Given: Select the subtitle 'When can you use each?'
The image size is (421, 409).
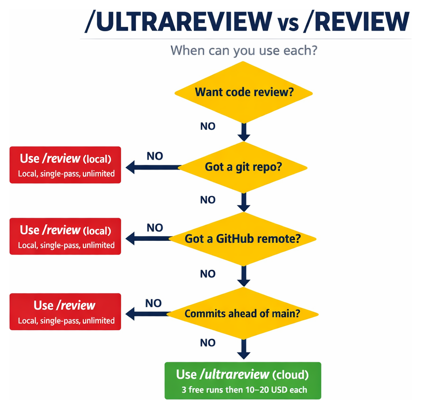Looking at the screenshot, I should point(243,50).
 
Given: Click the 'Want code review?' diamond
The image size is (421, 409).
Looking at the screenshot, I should point(244,92).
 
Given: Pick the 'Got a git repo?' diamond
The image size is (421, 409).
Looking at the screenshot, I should point(244,167).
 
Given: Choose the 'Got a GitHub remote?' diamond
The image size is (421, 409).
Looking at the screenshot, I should point(243,239).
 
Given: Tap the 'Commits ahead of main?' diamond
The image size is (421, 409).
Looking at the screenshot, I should point(242,313).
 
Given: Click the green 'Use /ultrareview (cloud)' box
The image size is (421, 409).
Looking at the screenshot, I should point(243,381).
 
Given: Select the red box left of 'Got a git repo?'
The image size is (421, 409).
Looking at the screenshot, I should point(65,165).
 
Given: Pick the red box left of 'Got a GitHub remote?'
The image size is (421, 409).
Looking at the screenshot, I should point(65,236).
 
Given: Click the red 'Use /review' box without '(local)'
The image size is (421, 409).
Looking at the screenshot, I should point(65,312).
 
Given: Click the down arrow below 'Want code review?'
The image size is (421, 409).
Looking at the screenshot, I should point(244,132).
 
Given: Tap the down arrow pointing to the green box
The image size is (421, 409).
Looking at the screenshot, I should point(243,349).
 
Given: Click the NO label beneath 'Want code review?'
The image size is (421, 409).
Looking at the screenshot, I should point(207,126).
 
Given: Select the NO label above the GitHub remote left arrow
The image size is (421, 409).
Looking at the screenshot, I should point(155,228).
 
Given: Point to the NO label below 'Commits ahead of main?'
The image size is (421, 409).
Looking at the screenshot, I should point(207,343).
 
